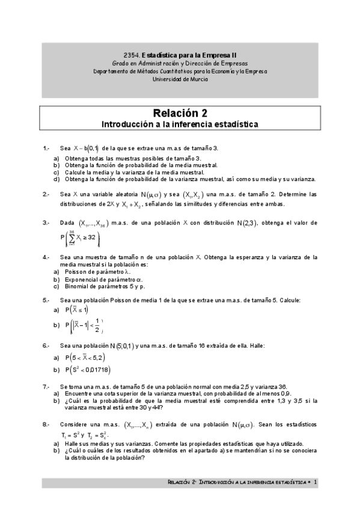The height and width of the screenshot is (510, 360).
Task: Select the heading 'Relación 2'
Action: click(180, 112)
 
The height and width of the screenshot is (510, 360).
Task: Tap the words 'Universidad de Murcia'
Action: click(180, 78)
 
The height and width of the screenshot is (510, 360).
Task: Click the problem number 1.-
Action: click(46, 148)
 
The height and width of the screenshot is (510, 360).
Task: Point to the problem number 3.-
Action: click(46, 223)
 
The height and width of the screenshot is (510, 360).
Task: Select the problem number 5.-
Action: click(46, 300)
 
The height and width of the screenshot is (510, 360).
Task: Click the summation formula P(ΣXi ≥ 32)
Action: click(81, 239)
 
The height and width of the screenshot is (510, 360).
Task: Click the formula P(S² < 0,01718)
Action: click(88, 369)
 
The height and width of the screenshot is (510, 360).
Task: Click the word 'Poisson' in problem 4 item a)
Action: click(77, 271)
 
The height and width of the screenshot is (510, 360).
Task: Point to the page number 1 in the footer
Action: click(316, 482)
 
